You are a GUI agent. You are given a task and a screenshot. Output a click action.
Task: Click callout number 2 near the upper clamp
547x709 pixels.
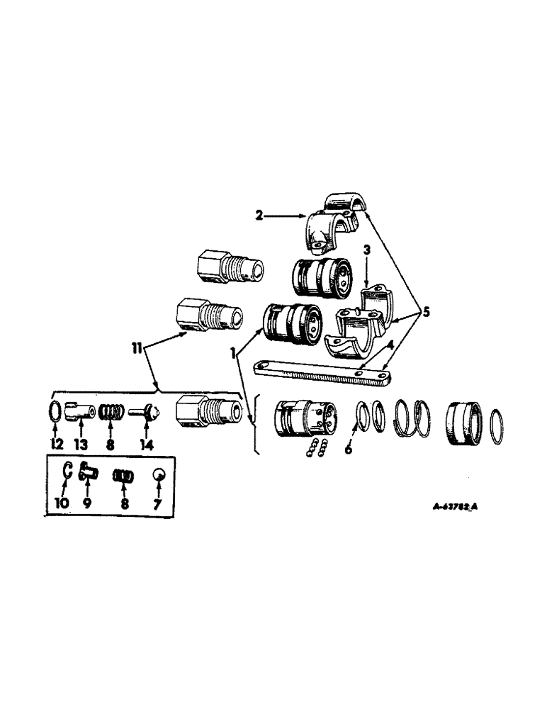(260, 214)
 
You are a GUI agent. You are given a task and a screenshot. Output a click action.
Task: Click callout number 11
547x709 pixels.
(136, 347)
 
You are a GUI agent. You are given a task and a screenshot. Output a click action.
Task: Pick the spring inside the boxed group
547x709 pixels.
(123, 476)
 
